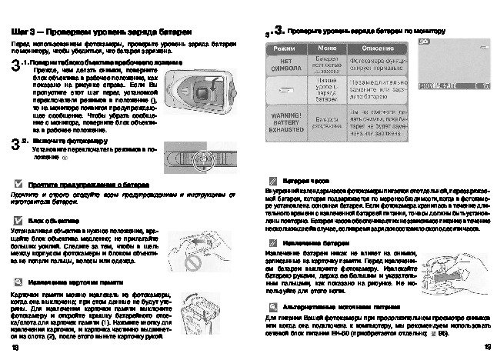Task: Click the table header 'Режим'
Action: click(285, 48)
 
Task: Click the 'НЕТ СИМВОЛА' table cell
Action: click(285, 65)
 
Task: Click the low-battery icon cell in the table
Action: click(285, 90)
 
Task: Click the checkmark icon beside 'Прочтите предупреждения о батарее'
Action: click(18, 185)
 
